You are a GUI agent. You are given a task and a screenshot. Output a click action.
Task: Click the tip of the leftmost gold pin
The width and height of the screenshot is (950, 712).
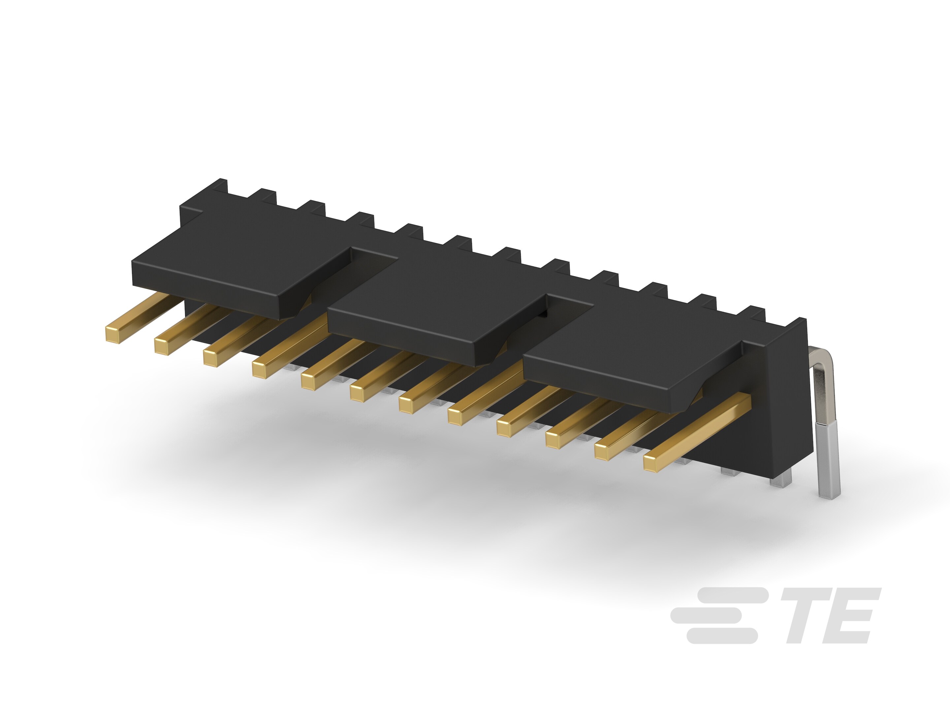pyautogui.click(x=112, y=334)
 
